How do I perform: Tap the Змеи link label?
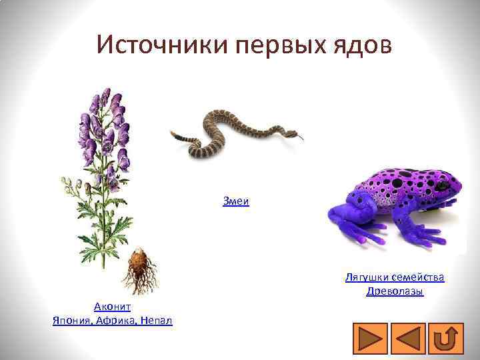pyautogui.click(x=236, y=201)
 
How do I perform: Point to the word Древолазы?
pyautogui.click(x=395, y=291)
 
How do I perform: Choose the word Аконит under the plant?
pyautogui.click(x=112, y=306)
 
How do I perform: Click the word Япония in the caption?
pyautogui.click(x=71, y=321)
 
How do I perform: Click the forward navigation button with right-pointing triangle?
pyautogui.click(x=367, y=337)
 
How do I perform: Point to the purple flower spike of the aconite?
pyautogui.click(x=107, y=127)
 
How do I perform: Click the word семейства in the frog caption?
pyautogui.click(x=419, y=277)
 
